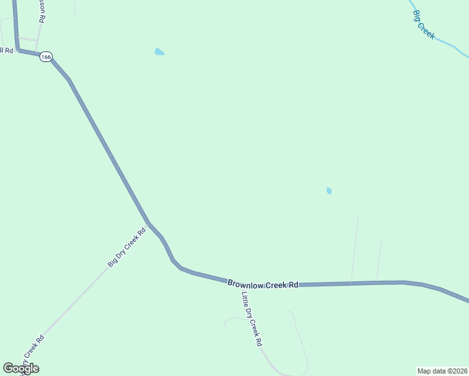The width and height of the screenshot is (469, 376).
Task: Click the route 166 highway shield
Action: tap(46, 57)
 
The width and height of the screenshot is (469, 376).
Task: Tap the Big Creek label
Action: tap(424, 24)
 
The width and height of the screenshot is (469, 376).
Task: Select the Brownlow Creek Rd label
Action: tap(262, 285)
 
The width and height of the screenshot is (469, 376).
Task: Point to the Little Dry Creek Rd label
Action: tap(251, 319)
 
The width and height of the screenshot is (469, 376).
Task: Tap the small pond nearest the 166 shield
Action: tap(159, 52)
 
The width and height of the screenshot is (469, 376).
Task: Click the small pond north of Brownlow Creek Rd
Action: tap(329, 191)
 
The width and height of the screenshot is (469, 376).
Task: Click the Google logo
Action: tap(21, 368)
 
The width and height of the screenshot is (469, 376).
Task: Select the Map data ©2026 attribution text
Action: tap(443, 370)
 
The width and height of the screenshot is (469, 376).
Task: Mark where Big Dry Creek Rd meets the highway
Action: tap(149, 223)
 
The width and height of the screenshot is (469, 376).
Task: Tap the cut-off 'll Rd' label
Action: tap(6, 50)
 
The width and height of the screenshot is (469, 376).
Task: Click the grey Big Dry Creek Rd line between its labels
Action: tap(75, 301)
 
